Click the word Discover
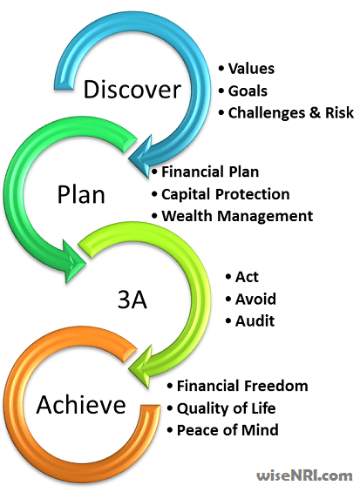132,89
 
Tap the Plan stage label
81,194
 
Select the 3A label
132,299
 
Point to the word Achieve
81,404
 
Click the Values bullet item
251,69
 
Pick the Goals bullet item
248,91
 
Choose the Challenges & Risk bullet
290,112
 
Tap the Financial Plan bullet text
210,172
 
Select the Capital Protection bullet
225,194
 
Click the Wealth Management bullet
237,216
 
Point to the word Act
247,277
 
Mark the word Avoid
255,299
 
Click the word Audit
255,320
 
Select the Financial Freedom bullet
242,386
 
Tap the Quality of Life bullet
226,408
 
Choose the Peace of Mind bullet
228,430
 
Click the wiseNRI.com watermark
304,475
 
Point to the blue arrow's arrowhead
141,157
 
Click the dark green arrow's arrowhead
74,261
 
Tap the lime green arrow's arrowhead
141,367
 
